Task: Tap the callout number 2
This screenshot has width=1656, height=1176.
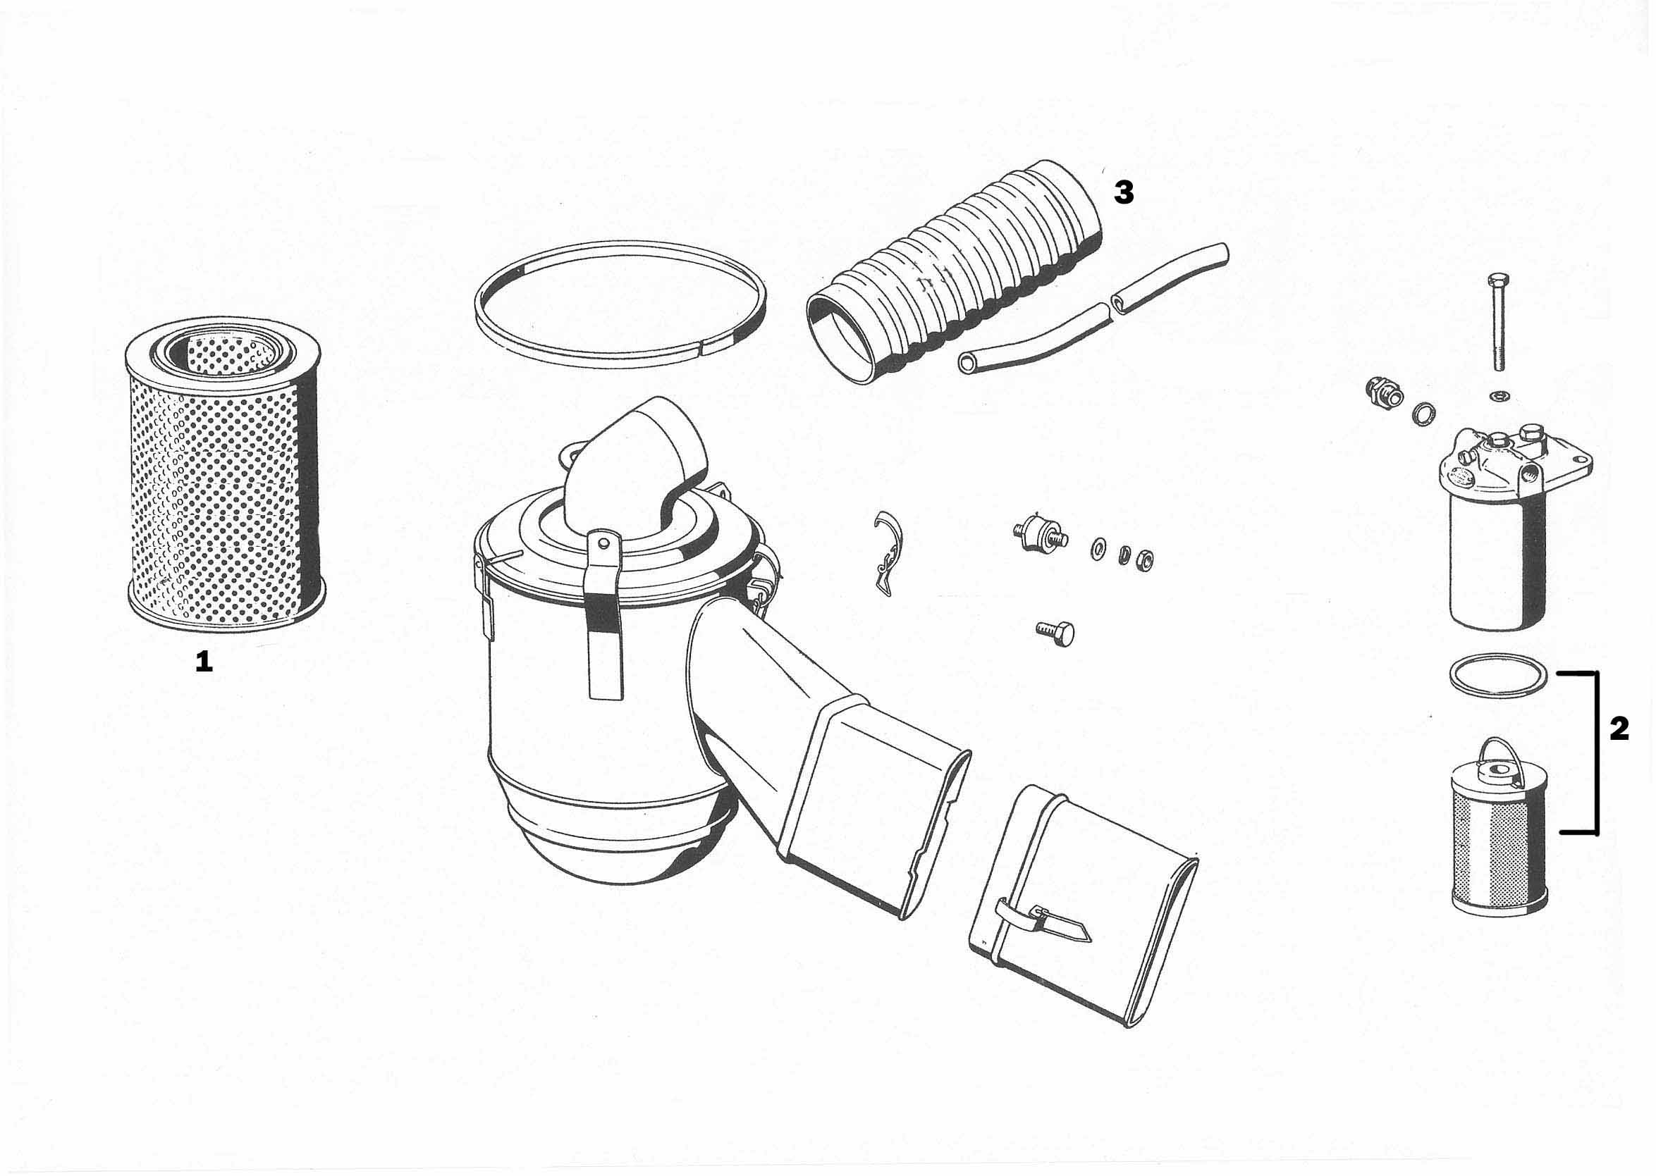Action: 1619,729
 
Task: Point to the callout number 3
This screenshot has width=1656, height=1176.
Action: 1124,192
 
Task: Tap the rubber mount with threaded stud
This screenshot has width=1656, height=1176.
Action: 1038,537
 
